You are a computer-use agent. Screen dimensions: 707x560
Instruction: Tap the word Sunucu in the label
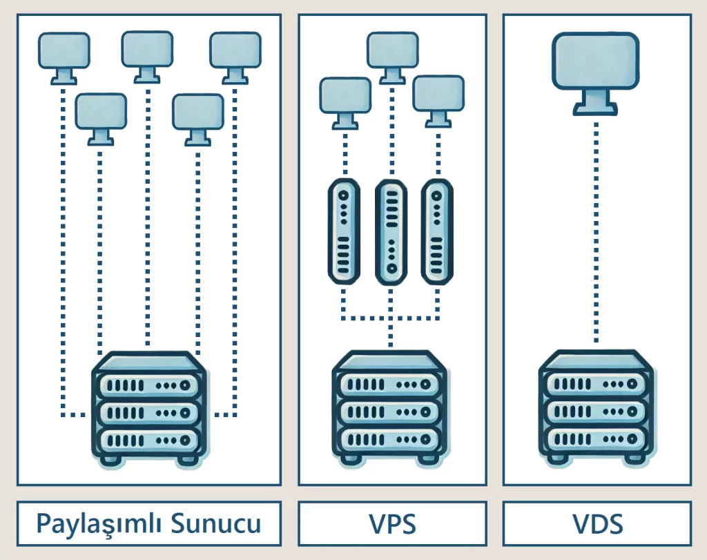coord(216,523)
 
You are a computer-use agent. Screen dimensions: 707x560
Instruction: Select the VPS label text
coord(392,524)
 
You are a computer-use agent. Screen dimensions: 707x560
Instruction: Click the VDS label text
coord(598,524)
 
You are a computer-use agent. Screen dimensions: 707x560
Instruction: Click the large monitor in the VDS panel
coord(596,73)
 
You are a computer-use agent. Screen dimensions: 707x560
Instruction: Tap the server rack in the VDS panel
coord(596,407)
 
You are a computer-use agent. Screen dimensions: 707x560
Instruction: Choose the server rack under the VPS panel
coord(390,408)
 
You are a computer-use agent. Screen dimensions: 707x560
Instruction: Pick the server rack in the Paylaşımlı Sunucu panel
coord(149,409)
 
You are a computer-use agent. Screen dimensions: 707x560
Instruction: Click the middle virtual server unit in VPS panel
coord(391,232)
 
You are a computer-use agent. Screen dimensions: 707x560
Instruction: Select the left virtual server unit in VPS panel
coord(344,231)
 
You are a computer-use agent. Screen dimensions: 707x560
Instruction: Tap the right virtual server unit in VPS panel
coord(437,232)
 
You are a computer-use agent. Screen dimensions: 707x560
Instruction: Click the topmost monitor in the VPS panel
coord(393,58)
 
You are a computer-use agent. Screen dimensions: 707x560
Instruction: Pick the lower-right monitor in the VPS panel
coord(438,102)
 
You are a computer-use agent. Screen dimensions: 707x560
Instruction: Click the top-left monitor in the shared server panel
coord(64,58)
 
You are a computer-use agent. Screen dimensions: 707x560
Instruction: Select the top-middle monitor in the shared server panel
coord(147,57)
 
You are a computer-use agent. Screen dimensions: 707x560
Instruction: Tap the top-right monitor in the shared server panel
coord(235,58)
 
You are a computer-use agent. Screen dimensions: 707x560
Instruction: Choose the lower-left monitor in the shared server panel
coord(101,119)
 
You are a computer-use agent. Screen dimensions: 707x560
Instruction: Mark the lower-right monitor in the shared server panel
coord(198,119)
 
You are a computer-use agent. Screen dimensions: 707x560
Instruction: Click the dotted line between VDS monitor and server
coord(596,233)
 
